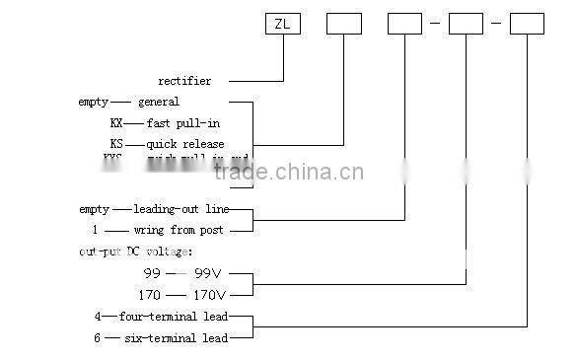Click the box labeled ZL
[283, 23]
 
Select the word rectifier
[184, 81]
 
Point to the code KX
[117, 123]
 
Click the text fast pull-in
[183, 123]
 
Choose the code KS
[117, 144]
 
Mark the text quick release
[186, 144]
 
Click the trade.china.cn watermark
[288, 174]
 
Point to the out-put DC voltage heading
[136, 252]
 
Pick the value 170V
[209, 294]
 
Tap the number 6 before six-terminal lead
[97, 338]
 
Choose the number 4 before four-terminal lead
[97, 317]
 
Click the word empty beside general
[94, 102]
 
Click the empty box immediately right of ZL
[343, 23]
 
